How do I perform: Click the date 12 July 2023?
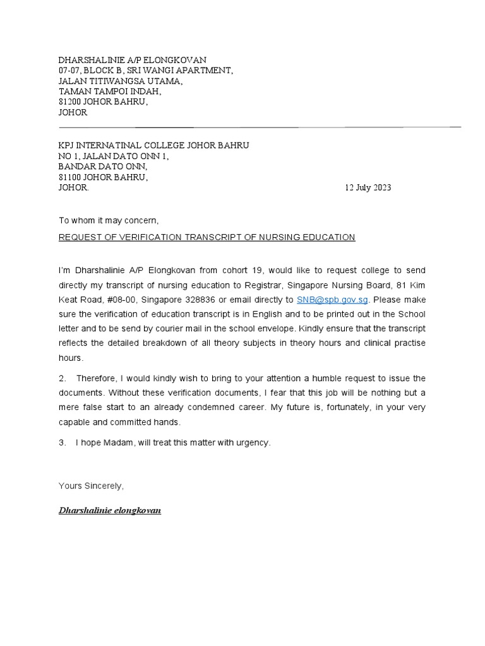pyautogui.click(x=368, y=187)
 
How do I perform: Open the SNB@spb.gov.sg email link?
pyautogui.click(x=332, y=300)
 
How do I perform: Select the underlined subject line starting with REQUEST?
pyautogui.click(x=207, y=237)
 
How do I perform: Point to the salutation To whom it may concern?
pyautogui.click(x=109, y=221)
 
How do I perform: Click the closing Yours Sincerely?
pyautogui.click(x=91, y=486)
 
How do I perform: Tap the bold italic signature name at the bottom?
pyautogui.click(x=109, y=510)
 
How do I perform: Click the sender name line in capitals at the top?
pyautogui.click(x=132, y=59)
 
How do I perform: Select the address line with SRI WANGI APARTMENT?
pyautogui.click(x=145, y=70)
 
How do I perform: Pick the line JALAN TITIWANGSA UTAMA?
pyautogui.click(x=120, y=81)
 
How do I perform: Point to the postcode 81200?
pyautogui.click(x=70, y=102)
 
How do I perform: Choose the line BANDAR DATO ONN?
pyautogui.click(x=103, y=167)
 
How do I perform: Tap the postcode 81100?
pyautogui.click(x=70, y=177)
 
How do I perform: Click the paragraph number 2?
pyautogui.click(x=62, y=378)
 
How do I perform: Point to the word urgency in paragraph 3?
pyautogui.click(x=252, y=443)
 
